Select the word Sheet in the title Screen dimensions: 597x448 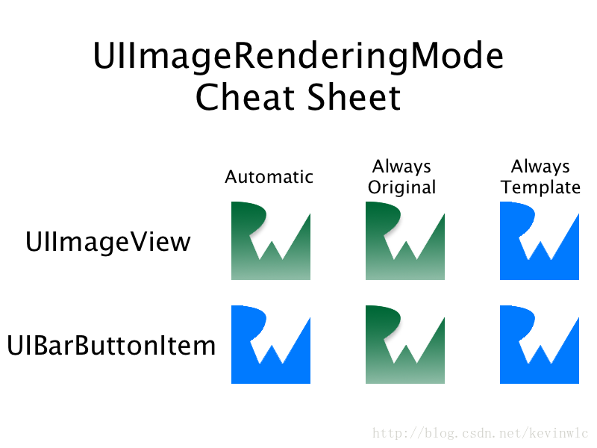click(x=354, y=97)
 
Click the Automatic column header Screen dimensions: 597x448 click(x=269, y=177)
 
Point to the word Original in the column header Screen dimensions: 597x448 click(x=401, y=188)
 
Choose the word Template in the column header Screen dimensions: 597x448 click(x=540, y=187)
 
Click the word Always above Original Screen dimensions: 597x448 click(x=401, y=167)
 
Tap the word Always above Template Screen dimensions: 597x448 click(x=540, y=167)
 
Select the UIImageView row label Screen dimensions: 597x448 click(x=107, y=242)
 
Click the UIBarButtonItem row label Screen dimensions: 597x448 click(x=111, y=346)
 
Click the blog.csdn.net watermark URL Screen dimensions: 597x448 click(x=480, y=433)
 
